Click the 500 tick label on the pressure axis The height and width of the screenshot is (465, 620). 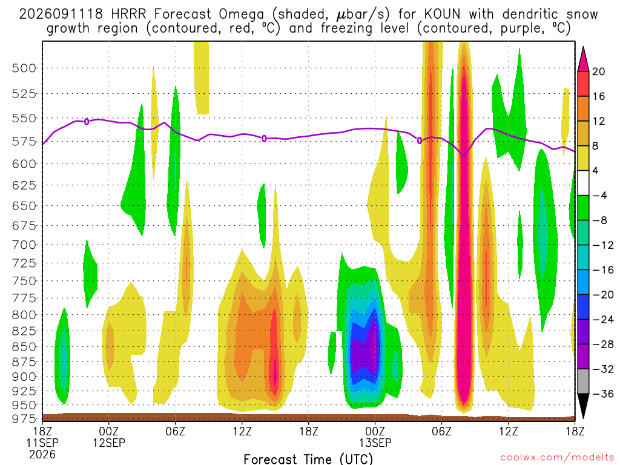(x=24, y=68)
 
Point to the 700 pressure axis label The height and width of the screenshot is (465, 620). (x=24, y=245)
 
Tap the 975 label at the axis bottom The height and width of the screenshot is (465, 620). (x=24, y=418)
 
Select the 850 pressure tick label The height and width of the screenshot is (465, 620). (x=24, y=347)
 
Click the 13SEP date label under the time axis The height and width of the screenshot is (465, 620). (x=375, y=443)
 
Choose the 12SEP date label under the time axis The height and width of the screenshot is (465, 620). (x=109, y=443)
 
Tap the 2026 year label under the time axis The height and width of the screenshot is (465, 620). (x=42, y=455)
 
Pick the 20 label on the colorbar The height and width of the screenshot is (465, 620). (x=598, y=71)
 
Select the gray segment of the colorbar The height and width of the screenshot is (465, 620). (x=583, y=381)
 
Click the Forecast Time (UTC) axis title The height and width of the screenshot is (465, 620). (x=308, y=459)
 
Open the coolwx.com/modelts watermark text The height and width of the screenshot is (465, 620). (x=557, y=457)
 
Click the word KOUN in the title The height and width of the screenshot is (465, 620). (x=442, y=15)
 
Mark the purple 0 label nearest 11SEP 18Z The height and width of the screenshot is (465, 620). (x=87, y=122)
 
